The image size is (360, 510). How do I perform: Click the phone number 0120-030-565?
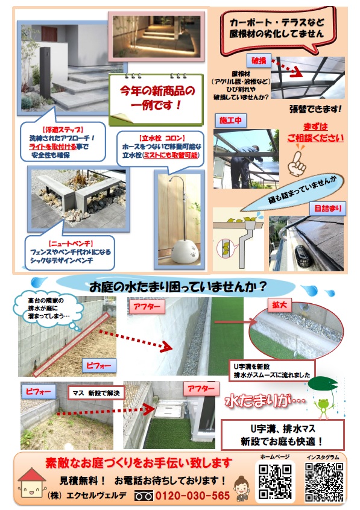coord(192,496)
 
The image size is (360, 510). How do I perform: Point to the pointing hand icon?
coord(297,163)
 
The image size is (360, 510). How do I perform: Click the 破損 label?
coord(259,60)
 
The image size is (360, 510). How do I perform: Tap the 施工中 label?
coord(230,121)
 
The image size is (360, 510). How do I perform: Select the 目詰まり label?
coord(328,209)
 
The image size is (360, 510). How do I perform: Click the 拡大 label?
coord(279,305)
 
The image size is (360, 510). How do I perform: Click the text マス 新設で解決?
coord(96,393)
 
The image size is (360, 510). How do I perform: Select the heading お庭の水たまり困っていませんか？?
coord(178,286)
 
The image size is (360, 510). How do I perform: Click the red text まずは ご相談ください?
coord(315,133)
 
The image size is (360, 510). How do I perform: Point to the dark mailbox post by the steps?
coord(45,73)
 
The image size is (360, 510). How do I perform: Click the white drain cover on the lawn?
coord(166,411)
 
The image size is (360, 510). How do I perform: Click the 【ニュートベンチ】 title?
coord(71,244)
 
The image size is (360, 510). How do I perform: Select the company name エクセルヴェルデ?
coord(96,496)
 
